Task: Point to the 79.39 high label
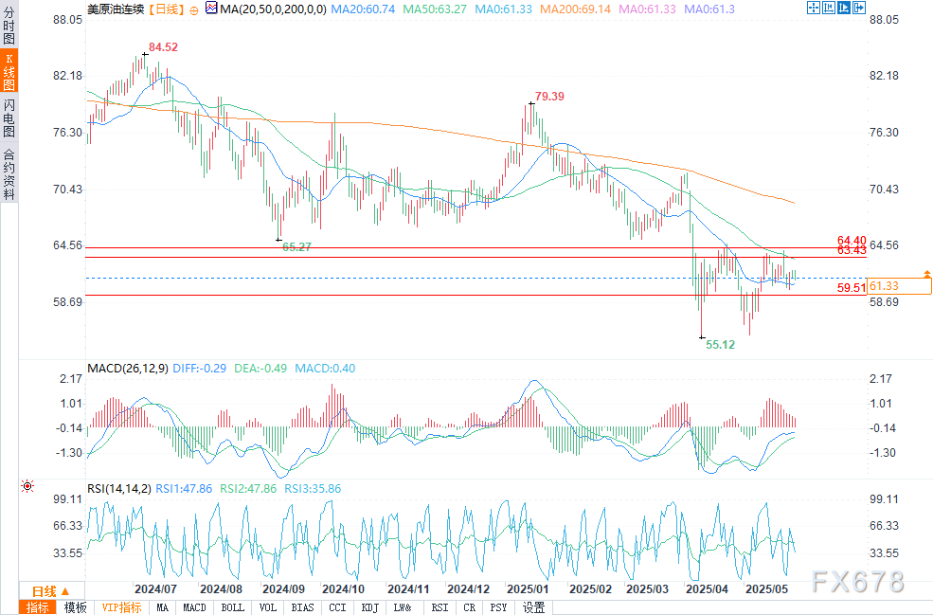[x=549, y=97]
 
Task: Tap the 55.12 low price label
[x=721, y=346]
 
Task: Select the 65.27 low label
[x=297, y=246]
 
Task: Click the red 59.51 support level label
[x=852, y=287]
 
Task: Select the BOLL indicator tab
[x=232, y=607]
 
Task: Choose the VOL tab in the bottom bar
[x=268, y=607]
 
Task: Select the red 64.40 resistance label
[x=852, y=241]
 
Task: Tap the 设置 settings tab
[x=533, y=607]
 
